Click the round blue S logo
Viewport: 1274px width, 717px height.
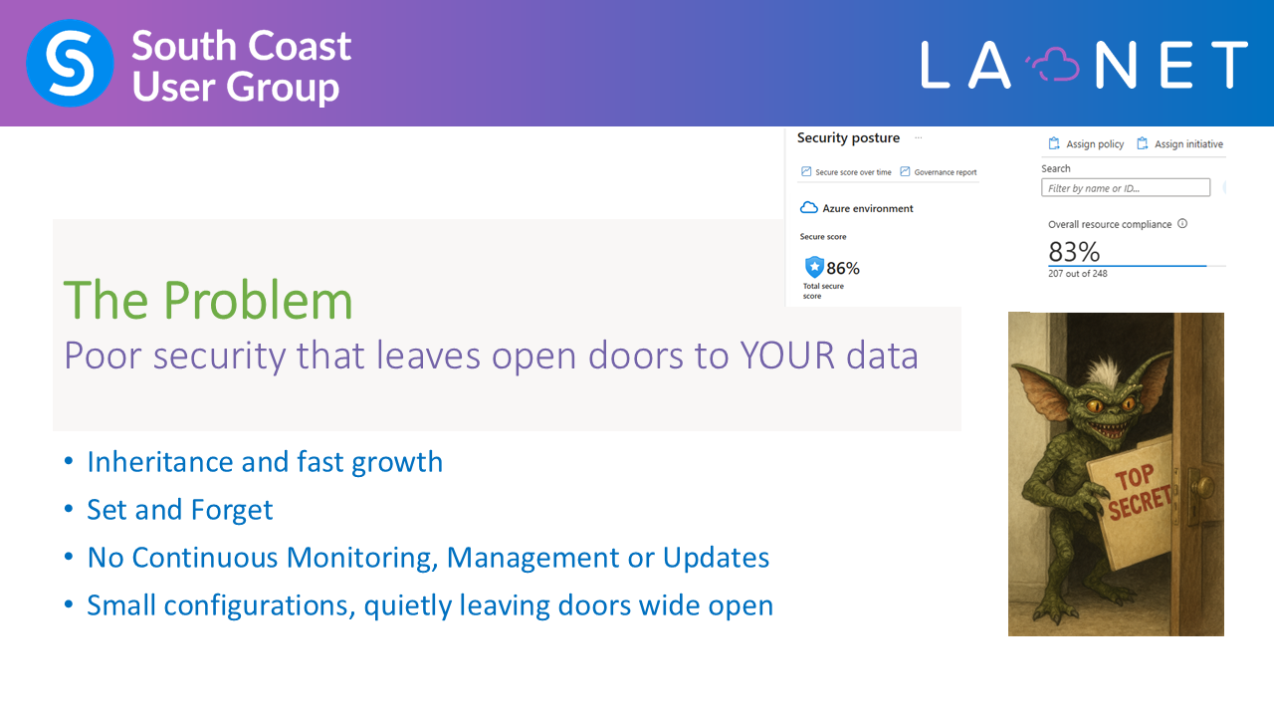[x=70, y=63]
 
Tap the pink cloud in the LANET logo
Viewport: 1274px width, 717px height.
[x=1054, y=65]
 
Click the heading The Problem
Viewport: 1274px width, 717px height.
[x=208, y=300]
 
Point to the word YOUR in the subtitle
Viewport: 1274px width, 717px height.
[x=787, y=356]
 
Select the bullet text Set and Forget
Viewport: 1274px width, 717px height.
[x=180, y=509]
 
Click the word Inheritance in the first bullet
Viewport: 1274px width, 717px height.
[x=160, y=461]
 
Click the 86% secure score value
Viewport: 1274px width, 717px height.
[x=843, y=268]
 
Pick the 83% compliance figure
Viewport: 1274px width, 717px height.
[x=1074, y=252]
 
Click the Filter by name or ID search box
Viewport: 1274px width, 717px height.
[x=1126, y=188]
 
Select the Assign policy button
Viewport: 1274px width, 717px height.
[x=1086, y=144]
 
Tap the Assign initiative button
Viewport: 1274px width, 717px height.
[x=1179, y=144]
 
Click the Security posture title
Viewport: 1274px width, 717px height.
[x=848, y=137]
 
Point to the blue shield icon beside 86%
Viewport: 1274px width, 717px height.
[x=814, y=267]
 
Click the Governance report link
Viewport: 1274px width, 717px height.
[x=939, y=172]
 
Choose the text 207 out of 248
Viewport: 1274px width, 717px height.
[x=1077, y=274]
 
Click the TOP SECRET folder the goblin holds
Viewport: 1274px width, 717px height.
[x=1131, y=502]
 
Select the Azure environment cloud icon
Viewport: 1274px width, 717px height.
[x=809, y=208]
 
